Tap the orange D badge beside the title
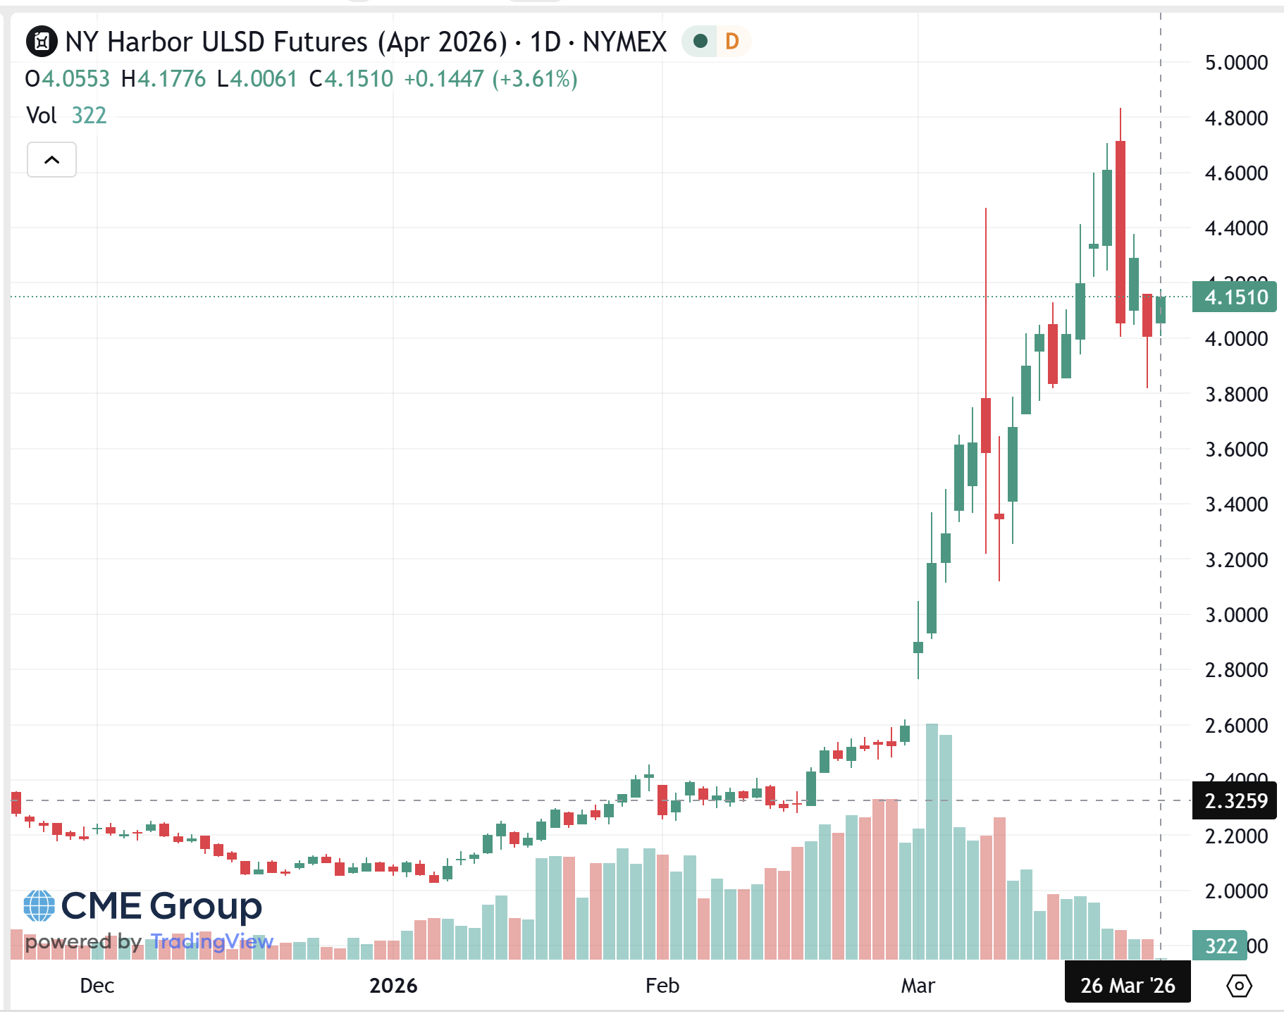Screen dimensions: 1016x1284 click(731, 42)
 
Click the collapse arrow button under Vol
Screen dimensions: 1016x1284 click(51, 160)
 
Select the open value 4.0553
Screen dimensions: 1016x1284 click(75, 79)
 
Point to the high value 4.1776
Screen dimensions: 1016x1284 click(171, 79)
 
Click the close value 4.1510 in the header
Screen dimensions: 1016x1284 click(359, 79)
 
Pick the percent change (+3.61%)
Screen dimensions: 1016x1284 click(535, 79)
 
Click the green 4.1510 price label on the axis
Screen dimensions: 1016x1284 click(1235, 297)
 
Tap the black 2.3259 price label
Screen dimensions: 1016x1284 click(1235, 801)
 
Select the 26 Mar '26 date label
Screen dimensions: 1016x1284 click(1127, 985)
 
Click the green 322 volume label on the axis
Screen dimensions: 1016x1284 click(1220, 946)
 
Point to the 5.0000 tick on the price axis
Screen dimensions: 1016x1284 click(1236, 63)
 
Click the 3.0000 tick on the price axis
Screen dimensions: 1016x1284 click(1236, 615)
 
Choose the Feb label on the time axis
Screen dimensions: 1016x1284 click(662, 985)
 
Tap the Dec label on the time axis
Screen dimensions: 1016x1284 click(97, 985)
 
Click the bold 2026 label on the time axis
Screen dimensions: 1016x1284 click(393, 985)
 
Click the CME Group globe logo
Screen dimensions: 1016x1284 click(39, 906)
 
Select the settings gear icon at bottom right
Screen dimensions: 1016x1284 click(1239, 985)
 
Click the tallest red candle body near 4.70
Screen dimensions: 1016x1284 click(1121, 233)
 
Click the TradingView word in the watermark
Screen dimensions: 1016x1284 click(212, 941)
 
